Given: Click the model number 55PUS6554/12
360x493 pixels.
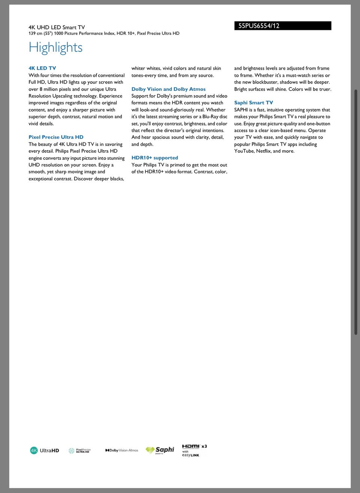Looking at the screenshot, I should (x=259, y=26).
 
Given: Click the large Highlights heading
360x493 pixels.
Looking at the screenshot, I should (x=55, y=48).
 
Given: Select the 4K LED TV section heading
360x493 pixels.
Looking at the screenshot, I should (x=42, y=68).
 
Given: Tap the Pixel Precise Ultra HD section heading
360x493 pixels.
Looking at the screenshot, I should (x=56, y=137).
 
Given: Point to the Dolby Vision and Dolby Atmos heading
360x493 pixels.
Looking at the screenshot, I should (x=168, y=89).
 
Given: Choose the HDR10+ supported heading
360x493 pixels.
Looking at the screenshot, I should (x=154, y=158).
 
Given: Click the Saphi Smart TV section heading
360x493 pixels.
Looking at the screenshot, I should (x=253, y=103).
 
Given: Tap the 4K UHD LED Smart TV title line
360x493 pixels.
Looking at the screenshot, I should (x=57, y=27).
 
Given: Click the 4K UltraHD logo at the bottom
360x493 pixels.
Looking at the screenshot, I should (x=45, y=450).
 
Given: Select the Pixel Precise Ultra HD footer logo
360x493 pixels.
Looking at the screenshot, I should (x=79, y=450).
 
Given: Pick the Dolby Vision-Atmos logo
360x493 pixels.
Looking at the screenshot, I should (x=122, y=450).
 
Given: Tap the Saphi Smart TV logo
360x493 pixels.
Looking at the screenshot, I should (x=160, y=450).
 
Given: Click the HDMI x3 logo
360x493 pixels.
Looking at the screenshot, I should (x=194, y=447).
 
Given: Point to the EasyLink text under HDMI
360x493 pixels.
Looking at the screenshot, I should (x=190, y=455).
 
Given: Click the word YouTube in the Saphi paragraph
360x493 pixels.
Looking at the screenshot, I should (x=244, y=151).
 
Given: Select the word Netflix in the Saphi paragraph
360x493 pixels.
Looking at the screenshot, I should (x=263, y=151).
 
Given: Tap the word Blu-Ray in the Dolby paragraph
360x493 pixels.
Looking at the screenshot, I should (x=210, y=117).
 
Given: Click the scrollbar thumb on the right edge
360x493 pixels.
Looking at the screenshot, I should (x=356, y=212).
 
